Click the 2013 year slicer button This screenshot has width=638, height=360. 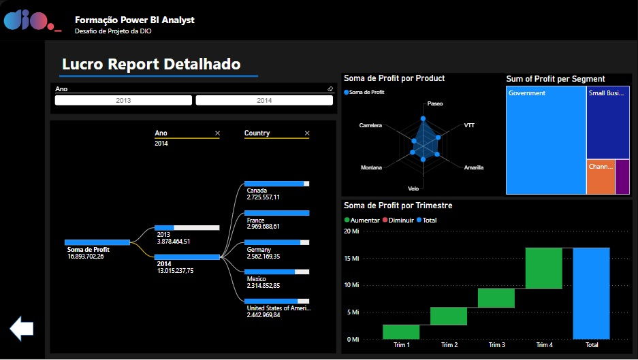coord(123,100)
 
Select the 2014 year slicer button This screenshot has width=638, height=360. coord(264,100)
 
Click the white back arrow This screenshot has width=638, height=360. coord(22,329)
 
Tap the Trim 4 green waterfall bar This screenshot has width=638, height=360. coord(543,268)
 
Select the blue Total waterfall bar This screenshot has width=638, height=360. coord(591,293)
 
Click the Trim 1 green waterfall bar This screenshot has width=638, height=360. coord(401,331)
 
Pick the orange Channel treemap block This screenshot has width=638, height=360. coord(600,177)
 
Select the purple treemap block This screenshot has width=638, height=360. coord(622,177)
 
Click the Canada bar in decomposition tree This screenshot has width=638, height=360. coord(276,184)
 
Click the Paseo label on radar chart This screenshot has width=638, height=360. coord(435,104)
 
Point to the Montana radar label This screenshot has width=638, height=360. coord(371,167)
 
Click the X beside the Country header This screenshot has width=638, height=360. coord(307,133)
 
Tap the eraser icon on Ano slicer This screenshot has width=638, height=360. coord(330,88)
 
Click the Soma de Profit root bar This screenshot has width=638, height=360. coord(97,242)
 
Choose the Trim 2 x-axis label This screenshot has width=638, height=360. coord(448,345)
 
